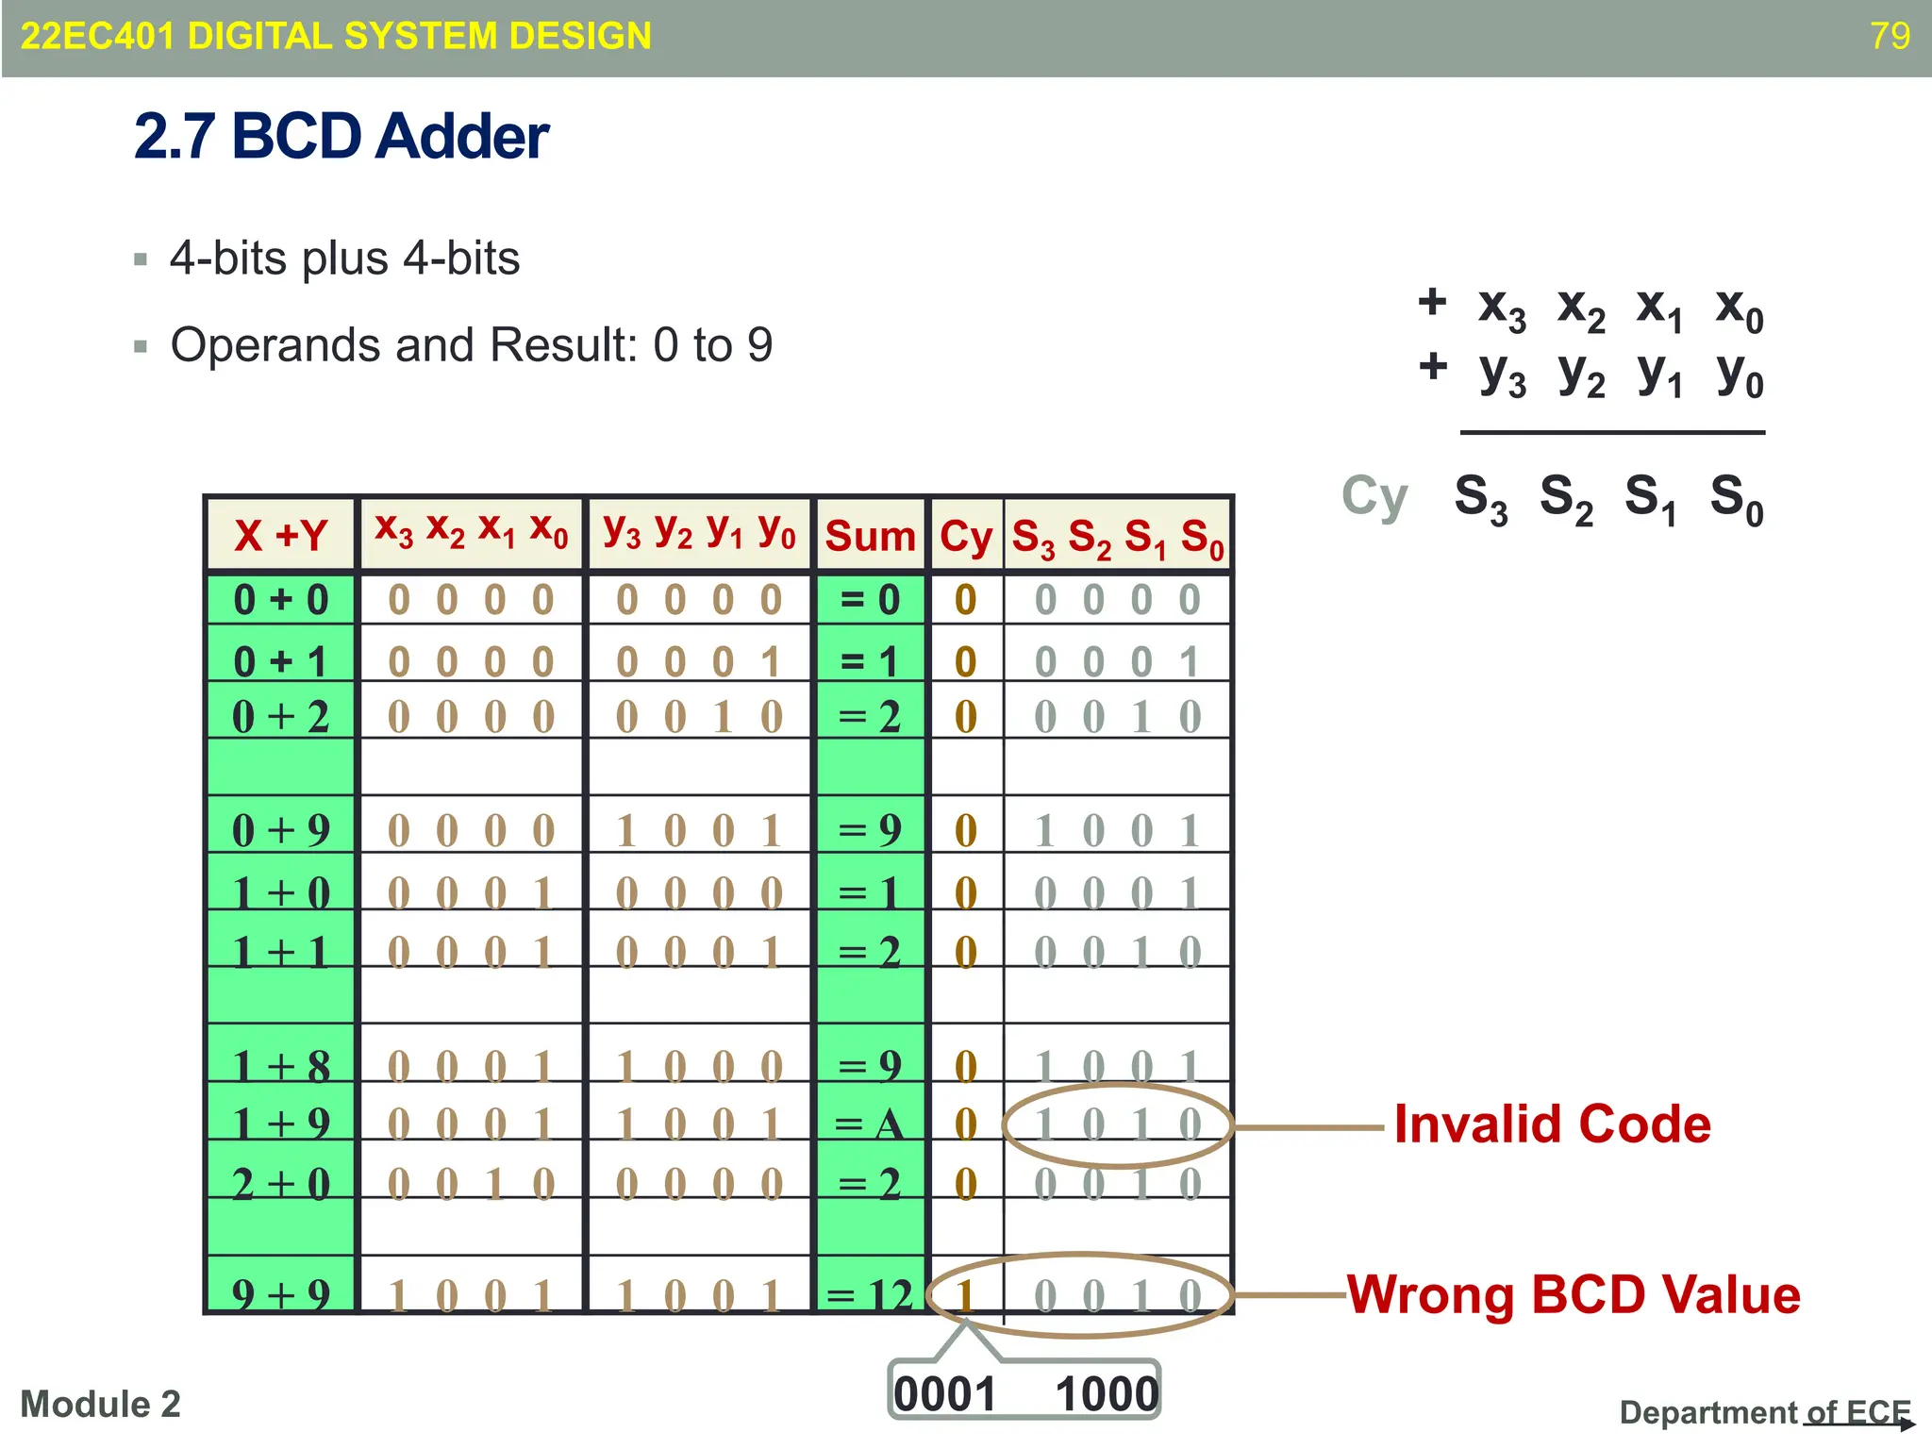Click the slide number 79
point(1890,36)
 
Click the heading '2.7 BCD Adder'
point(341,137)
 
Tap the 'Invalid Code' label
point(1552,1124)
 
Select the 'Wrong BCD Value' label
point(1574,1294)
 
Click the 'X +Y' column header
point(280,535)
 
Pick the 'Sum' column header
point(870,536)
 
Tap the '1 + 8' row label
point(280,1066)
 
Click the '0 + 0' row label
point(280,600)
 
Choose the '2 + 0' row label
point(280,1183)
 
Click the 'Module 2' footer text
point(100,1405)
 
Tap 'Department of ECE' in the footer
point(1764,1412)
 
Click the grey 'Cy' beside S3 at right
point(1374,497)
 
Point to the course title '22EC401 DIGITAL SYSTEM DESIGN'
point(336,36)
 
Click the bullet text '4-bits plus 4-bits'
point(344,258)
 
